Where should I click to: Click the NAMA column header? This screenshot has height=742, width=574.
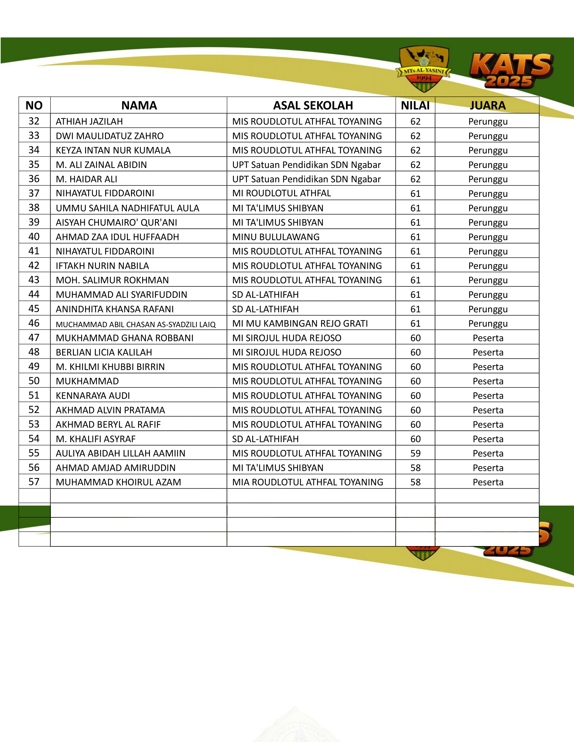point(139,105)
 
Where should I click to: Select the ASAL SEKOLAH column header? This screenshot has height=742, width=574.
point(313,105)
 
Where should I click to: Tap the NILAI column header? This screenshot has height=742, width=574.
point(415,105)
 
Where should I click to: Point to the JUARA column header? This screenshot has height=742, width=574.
point(488,105)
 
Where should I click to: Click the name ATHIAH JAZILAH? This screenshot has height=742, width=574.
point(89,121)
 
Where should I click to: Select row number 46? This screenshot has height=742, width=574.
point(34,323)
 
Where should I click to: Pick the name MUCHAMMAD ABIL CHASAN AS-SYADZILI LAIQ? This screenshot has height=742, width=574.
point(136,324)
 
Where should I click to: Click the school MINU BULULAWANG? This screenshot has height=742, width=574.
point(276,237)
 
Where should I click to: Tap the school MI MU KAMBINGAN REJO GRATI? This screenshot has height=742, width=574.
point(300,323)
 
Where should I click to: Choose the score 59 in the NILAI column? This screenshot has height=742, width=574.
point(415,453)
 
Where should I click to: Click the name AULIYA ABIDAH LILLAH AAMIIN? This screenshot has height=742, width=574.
point(121,453)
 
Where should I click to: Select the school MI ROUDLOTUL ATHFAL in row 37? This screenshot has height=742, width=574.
point(282,193)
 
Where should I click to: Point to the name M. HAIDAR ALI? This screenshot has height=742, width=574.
point(86,179)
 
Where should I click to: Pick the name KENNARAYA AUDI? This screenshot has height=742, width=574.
point(93,396)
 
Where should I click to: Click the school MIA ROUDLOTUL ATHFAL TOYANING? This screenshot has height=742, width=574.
point(307,482)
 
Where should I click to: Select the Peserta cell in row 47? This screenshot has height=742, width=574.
point(488,338)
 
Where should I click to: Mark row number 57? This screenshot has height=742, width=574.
point(34,482)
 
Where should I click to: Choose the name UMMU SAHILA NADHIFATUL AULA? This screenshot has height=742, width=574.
point(128,208)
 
